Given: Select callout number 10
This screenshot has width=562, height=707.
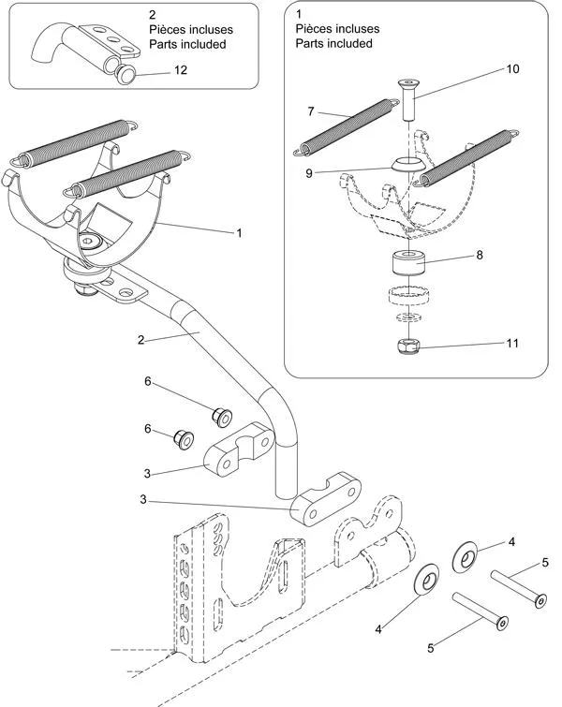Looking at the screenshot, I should coord(512,69).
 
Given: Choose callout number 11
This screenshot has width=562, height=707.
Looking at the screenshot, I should coord(512,344).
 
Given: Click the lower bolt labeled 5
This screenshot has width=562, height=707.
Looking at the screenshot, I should coord(480,613).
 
